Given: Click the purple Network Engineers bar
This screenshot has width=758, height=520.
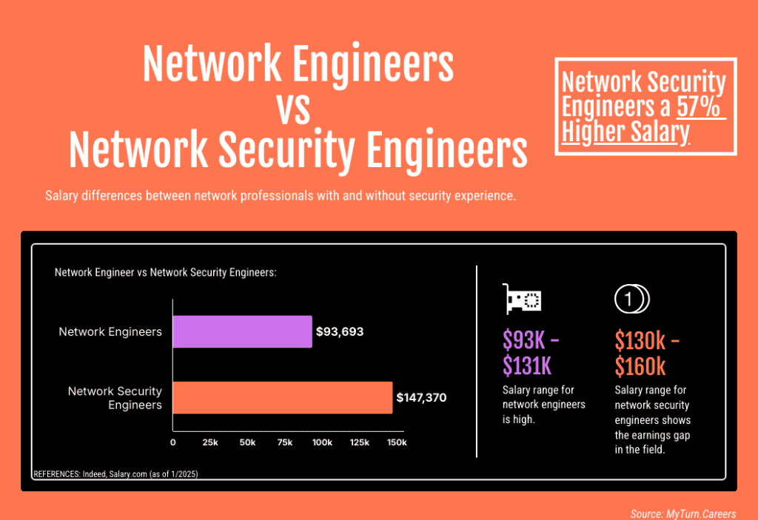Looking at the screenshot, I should click(242, 331).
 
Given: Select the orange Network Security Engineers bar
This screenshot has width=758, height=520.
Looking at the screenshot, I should click(282, 397).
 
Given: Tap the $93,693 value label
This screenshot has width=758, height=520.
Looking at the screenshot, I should click(340, 331).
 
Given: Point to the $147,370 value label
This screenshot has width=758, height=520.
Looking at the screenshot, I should click(421, 397).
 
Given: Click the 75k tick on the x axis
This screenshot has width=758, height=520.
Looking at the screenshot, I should click(285, 442).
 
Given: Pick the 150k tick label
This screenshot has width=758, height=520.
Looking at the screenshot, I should click(397, 442).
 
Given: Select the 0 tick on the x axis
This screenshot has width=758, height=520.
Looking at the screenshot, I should click(173, 442).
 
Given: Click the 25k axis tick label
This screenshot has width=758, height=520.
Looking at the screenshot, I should click(210, 442).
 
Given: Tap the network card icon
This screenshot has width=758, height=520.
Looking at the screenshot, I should click(523, 299).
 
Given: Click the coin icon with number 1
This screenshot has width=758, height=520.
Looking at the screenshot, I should click(631, 299).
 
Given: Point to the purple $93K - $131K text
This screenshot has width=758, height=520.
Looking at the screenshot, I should click(530, 352).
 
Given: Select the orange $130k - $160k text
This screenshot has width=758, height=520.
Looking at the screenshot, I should click(646, 352).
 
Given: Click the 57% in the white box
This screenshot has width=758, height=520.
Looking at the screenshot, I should click(700, 107).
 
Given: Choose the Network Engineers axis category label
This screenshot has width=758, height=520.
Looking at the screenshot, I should click(110, 331).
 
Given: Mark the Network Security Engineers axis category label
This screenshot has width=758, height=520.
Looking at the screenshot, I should click(115, 397).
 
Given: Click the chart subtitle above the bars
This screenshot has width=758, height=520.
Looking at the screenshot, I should click(165, 272).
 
